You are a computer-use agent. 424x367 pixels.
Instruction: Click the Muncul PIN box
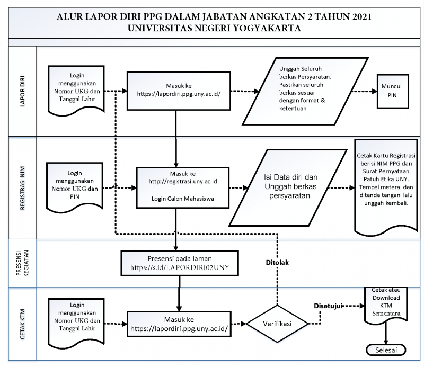click(x=393, y=91)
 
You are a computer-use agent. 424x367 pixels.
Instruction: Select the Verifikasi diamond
click(x=277, y=324)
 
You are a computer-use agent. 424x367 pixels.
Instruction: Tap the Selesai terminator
click(x=386, y=350)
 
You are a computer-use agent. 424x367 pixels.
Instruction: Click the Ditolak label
click(x=277, y=263)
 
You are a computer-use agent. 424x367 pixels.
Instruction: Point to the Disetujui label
click(x=328, y=306)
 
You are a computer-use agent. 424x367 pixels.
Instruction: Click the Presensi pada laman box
click(x=180, y=263)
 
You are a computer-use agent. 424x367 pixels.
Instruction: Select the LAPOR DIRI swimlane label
click(x=22, y=91)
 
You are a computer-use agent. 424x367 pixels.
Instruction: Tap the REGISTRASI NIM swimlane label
click(x=22, y=188)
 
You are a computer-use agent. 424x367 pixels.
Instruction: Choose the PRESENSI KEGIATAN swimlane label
click(x=22, y=263)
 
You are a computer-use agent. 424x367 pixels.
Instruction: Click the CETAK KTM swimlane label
click(x=22, y=324)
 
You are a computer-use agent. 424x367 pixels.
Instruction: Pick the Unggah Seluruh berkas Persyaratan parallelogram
click(x=305, y=91)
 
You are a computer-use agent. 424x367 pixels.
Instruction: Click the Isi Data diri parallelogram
click(x=288, y=187)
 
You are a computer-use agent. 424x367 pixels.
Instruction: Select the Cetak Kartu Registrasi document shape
click(x=386, y=186)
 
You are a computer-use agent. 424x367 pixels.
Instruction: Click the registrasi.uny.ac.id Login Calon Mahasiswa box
click(x=183, y=187)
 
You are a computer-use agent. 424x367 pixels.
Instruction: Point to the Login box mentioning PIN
click(x=75, y=186)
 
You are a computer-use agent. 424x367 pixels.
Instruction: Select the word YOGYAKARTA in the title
click(x=267, y=28)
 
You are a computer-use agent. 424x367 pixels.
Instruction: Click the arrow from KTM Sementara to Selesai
click(x=386, y=333)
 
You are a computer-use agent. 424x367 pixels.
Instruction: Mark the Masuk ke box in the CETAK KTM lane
click(x=179, y=324)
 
